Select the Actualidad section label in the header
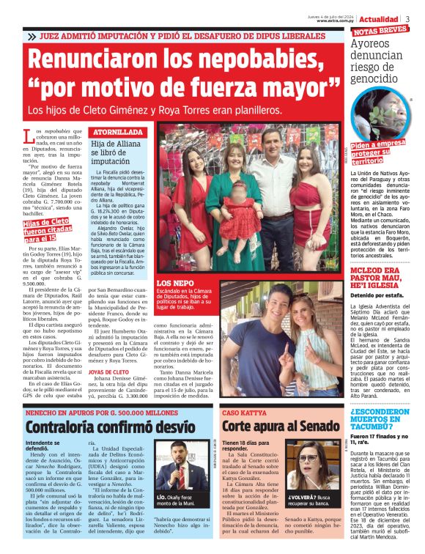pyautogui.click(x=380, y=18)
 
